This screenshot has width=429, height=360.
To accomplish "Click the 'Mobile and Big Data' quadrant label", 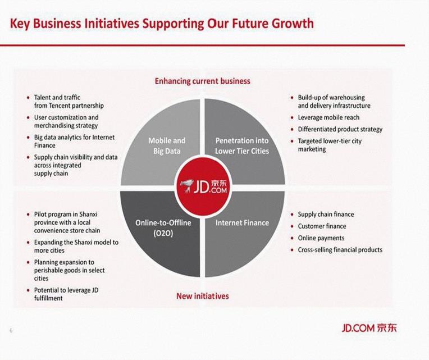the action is tap(167, 146).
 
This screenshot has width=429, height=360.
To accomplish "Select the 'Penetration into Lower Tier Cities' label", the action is tap(242, 146).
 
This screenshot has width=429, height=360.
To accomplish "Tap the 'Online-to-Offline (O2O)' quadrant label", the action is tap(163, 227).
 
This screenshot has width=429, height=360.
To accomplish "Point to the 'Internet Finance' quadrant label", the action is tap(242, 222).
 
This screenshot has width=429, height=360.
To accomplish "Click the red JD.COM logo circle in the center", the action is tap(203, 186).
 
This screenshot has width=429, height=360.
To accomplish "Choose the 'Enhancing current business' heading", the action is tap(203, 81).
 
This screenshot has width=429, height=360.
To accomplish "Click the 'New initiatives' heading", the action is tap(203, 296).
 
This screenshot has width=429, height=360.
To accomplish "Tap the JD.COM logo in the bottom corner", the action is tap(369, 327).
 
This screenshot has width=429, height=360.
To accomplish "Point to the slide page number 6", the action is tap(11, 330).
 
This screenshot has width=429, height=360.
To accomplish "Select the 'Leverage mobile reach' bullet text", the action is tap(328, 117).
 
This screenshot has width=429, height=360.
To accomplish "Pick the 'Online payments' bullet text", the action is tap(321, 238).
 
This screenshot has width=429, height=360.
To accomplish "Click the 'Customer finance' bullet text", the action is tap(322, 226).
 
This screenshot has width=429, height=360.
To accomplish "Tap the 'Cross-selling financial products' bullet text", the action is tap(340, 250).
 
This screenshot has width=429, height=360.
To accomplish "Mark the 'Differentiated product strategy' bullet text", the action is tap(340, 129).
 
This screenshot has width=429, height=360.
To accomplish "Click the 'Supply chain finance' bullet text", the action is tap(326, 215).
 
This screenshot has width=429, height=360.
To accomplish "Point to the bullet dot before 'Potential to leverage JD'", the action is tap(29, 290).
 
